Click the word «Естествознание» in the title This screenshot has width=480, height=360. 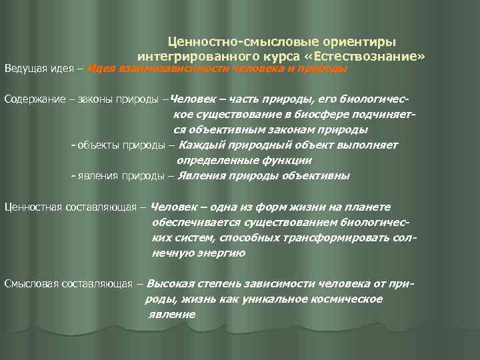[x=373, y=57]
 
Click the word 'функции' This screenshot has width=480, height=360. [x=288, y=161]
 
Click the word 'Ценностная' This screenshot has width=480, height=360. [x=33, y=207]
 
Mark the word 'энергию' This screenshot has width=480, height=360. [x=225, y=253]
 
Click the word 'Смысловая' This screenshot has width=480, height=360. [x=30, y=283]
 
